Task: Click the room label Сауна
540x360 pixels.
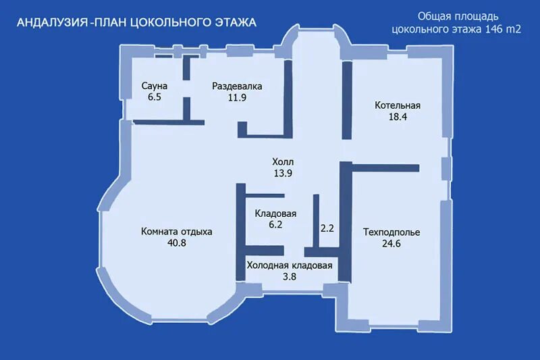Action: pyautogui.click(x=155, y=86)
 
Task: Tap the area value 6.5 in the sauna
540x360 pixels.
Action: pyautogui.click(x=155, y=97)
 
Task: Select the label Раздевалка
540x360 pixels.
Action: pyautogui.click(x=237, y=86)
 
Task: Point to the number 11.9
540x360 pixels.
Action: pyautogui.click(x=238, y=97)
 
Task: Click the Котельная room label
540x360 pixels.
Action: pyautogui.click(x=398, y=105)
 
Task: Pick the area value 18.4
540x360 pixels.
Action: pyautogui.click(x=398, y=117)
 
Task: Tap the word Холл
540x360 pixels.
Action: pyautogui.click(x=283, y=161)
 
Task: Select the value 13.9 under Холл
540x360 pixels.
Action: pyautogui.click(x=283, y=173)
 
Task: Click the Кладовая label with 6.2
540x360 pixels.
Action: pyautogui.click(x=275, y=213)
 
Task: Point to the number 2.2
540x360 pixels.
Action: pyautogui.click(x=327, y=228)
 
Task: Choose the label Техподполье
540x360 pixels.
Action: pyautogui.click(x=391, y=232)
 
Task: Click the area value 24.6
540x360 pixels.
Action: pyautogui.click(x=391, y=244)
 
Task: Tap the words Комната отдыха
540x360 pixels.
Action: pyautogui.click(x=177, y=232)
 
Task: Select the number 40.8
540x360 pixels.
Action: pyautogui.click(x=177, y=243)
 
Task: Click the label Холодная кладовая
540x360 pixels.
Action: pyautogui.click(x=290, y=265)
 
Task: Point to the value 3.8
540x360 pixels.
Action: pyautogui.click(x=290, y=277)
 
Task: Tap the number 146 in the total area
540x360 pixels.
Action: pyautogui.click(x=494, y=29)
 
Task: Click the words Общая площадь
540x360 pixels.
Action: pyautogui.click(x=458, y=16)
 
